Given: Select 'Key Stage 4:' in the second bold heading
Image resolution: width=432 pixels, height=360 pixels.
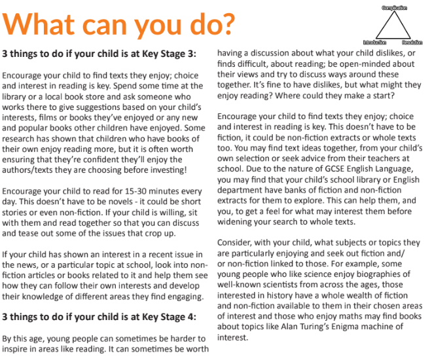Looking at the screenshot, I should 166,316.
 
